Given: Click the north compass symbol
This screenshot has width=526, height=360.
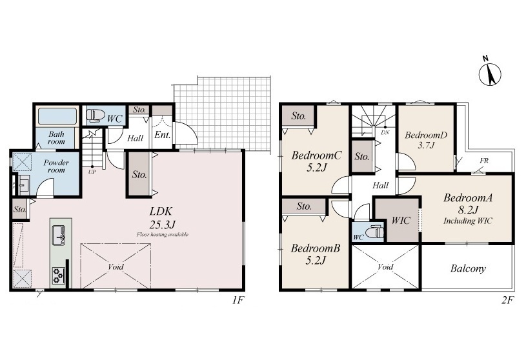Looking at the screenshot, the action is pos(489,73).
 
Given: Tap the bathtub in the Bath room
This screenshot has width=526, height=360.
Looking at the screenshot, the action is pos(57,116).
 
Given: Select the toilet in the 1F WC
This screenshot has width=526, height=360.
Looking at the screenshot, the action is pos(96,115).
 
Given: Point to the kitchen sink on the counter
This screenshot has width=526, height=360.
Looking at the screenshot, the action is pos(59,235).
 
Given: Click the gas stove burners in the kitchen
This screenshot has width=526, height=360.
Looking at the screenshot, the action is pos(58,275).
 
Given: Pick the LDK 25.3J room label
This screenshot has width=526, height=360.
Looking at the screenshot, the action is pos(163,217).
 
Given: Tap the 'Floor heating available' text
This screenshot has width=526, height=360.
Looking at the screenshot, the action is pos(163,235).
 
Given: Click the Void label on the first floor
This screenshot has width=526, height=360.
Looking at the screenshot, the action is pos(116,267).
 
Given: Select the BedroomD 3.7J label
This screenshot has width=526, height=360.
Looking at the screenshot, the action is pos(426,140).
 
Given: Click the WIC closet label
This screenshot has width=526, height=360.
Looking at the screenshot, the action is pos(401,220).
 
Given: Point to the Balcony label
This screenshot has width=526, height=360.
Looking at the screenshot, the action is pos(468,268).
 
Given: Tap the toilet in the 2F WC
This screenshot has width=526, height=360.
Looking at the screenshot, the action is pos(374,232).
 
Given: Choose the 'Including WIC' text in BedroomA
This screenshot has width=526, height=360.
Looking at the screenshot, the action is pos(468,221).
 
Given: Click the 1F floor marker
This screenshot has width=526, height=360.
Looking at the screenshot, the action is pos(238,300).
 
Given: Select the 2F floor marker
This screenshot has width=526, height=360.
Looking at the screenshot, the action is pos(507,300).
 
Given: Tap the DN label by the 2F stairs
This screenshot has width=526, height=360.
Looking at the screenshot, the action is pos(385,132).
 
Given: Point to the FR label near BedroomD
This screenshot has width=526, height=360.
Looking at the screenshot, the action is pos(484,161).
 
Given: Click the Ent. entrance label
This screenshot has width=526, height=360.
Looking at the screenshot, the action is pos(163,135).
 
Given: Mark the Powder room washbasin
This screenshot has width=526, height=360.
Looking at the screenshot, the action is pos(23,185).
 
